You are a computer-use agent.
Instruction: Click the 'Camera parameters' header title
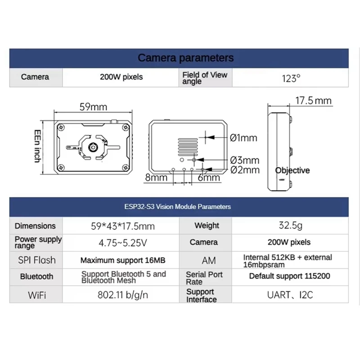pos(185,58)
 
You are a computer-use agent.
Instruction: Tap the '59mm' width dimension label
pos(93,107)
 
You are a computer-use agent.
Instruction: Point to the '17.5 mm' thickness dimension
pos(314,100)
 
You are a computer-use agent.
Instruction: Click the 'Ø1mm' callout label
pos(243,138)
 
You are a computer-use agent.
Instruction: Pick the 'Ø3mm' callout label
pos(244,160)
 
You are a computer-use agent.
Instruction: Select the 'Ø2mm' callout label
pos(244,170)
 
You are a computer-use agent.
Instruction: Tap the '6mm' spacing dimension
pos(209,178)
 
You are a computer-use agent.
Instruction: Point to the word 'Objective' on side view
pos(292,171)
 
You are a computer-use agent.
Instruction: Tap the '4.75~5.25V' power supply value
pos(122,243)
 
